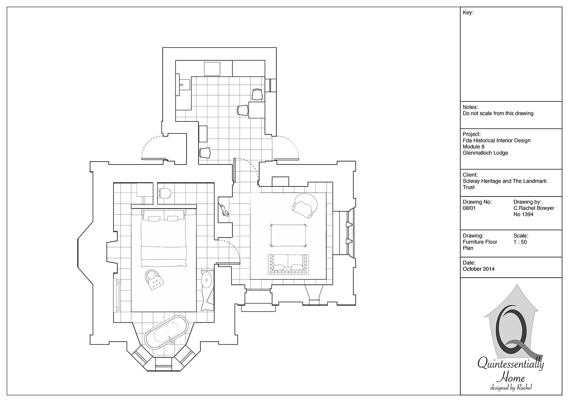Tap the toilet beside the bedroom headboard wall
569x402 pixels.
tap(164, 193)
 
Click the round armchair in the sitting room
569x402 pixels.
tap(305, 205)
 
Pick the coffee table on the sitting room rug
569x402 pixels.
tap(288, 235)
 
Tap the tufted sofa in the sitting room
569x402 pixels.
tap(288, 264)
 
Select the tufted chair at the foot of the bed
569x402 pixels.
tap(154, 279)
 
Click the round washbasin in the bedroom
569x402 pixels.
tap(207, 280)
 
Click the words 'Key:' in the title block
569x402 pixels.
tap(468, 13)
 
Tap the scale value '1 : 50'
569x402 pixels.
tap(520, 242)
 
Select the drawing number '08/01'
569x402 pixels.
tap(469, 208)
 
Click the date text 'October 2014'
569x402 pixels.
tap(479, 269)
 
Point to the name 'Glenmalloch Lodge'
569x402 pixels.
tap(486, 153)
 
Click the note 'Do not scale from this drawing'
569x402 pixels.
tap(498, 114)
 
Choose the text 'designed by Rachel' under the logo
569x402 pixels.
tap(511, 387)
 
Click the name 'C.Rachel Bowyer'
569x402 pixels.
tap(534, 208)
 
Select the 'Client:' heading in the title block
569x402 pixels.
tap(470, 175)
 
